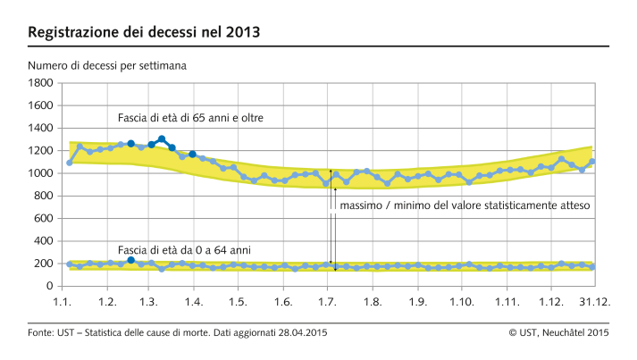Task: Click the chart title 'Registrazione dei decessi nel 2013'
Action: [x=145, y=33]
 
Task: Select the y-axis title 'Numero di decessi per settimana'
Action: [x=108, y=65]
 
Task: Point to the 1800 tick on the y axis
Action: [x=41, y=83]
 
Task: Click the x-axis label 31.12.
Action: [x=595, y=303]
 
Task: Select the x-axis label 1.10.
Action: [x=462, y=303]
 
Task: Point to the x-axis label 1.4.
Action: [x=194, y=303]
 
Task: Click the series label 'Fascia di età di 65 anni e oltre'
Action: [x=190, y=117]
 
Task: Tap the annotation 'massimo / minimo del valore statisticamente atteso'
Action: [x=465, y=205]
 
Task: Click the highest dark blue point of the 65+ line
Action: [x=162, y=139]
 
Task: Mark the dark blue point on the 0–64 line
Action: [x=130, y=260]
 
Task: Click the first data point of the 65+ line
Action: [x=70, y=163]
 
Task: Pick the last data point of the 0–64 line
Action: [x=592, y=267]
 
